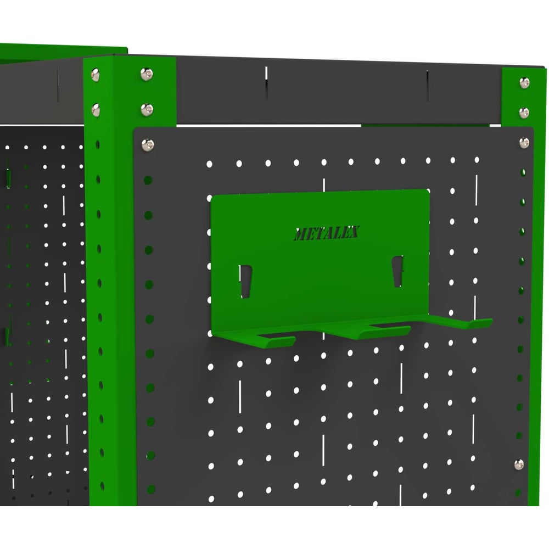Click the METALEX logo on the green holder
click(x=327, y=233)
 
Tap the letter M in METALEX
click(x=300, y=234)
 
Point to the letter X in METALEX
click(x=354, y=232)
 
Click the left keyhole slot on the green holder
click(x=246, y=281)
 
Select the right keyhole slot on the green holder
click(x=397, y=271)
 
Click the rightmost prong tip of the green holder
click(x=480, y=323)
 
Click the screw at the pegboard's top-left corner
click(x=147, y=144)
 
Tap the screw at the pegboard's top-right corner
click(x=524, y=143)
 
